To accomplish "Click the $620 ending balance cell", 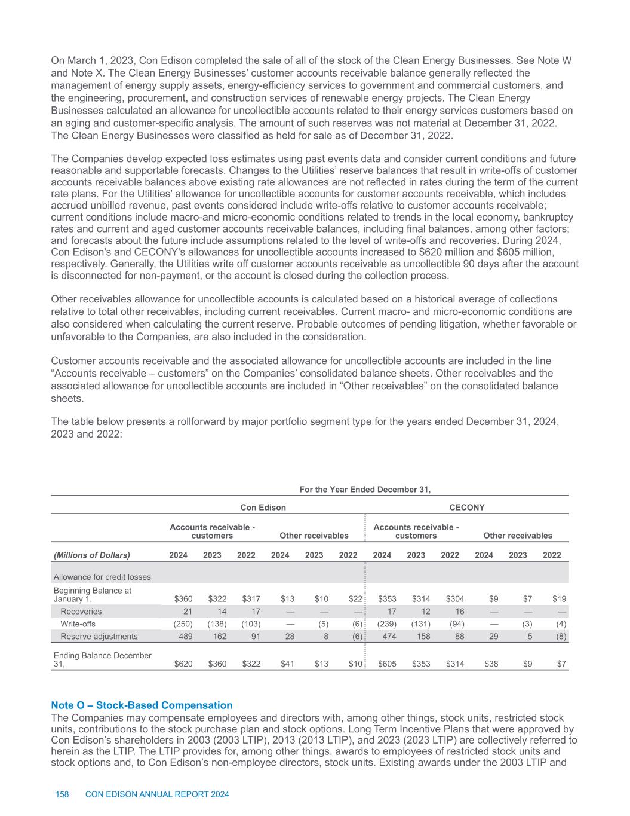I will pyautogui.click(x=183, y=664).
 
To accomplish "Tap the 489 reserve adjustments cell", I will pyautogui.click(x=183, y=636).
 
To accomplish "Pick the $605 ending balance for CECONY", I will pyautogui.click(x=386, y=664).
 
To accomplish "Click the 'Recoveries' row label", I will pyautogui.click(x=81, y=611).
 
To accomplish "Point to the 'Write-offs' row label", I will pyautogui.click(x=78, y=624).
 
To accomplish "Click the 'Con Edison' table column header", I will pyautogui.click(x=263, y=508).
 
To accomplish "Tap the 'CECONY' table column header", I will pyautogui.click(x=466, y=508).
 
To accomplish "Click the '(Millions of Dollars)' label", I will pyautogui.click(x=92, y=555).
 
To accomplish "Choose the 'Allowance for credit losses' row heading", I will pyautogui.click(x=102, y=577).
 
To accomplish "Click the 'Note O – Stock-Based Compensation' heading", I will pyautogui.click(x=142, y=705).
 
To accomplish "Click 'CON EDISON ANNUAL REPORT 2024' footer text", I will pyautogui.click(x=158, y=794).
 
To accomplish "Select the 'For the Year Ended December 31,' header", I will pyautogui.click(x=365, y=490).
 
